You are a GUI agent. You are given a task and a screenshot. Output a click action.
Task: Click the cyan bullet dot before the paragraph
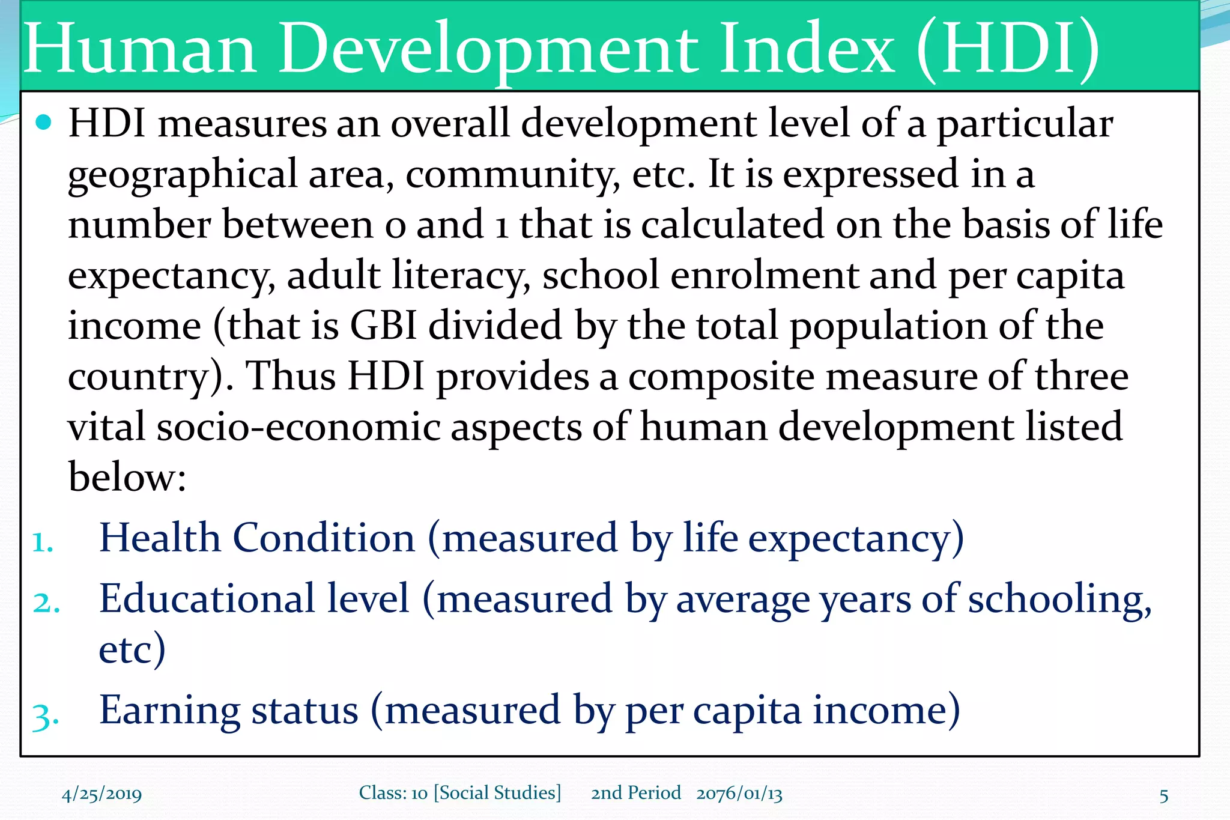(x=44, y=123)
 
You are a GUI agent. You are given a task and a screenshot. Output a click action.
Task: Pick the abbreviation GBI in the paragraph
(x=383, y=326)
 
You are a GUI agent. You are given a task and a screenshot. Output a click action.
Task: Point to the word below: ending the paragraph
(x=127, y=478)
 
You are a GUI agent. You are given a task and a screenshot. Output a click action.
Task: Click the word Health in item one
(x=160, y=538)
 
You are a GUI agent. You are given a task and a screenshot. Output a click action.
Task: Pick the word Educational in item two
(x=207, y=599)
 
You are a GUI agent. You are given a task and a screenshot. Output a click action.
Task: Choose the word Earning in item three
(x=169, y=711)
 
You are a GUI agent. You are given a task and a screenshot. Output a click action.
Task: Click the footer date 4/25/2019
(x=101, y=795)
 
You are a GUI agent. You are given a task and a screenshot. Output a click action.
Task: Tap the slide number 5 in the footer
(x=1163, y=796)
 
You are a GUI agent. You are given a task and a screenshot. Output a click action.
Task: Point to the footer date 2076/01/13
(x=739, y=794)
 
